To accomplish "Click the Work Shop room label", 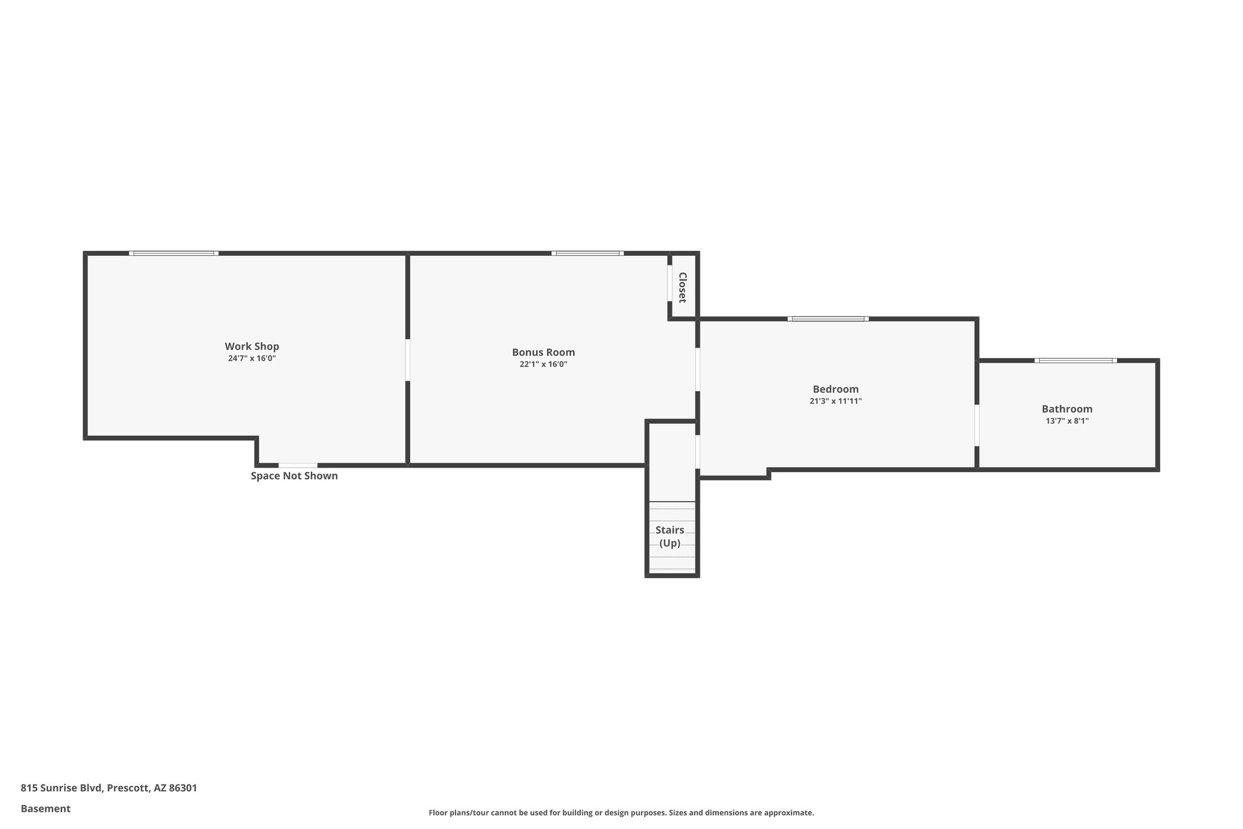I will coord(252,346).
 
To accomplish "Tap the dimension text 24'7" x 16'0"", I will coord(252,358).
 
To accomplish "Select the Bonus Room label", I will coord(543,352).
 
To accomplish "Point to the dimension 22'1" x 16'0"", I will coord(543,364).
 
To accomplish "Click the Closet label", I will coord(682,287).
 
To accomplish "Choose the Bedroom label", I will coord(835,389).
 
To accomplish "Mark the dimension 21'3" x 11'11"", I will coord(835,401).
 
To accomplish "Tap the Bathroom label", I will coord(1067,409).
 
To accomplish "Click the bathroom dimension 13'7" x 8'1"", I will coord(1067,420).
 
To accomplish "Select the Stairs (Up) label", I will coord(670,536).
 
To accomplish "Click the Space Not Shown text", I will coord(294,476).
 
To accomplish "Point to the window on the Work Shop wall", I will coord(174,253).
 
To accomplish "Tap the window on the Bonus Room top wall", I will coord(587,253).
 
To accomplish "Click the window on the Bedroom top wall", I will coord(828,318).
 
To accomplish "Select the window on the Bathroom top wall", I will coord(1075,360).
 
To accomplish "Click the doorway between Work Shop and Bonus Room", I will coord(407,360).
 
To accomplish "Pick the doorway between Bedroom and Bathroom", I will coord(977,425).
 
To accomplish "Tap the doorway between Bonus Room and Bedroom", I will coord(697,369).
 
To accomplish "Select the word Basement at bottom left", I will coord(46,808).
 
